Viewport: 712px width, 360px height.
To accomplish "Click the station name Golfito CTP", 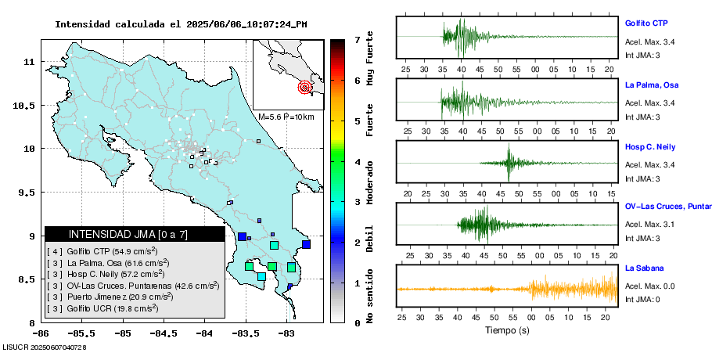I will [645, 23].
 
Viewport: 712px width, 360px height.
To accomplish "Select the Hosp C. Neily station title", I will [649, 146].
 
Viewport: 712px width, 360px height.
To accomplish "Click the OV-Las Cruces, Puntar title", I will [667, 207].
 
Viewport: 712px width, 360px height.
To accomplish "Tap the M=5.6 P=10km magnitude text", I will [286, 117].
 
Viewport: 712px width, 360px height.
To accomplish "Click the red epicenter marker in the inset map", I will [304, 87].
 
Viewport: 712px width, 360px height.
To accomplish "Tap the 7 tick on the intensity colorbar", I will [357, 39].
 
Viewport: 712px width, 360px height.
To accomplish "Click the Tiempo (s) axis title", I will [508, 330].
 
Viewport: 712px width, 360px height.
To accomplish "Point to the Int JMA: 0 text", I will [643, 300].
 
